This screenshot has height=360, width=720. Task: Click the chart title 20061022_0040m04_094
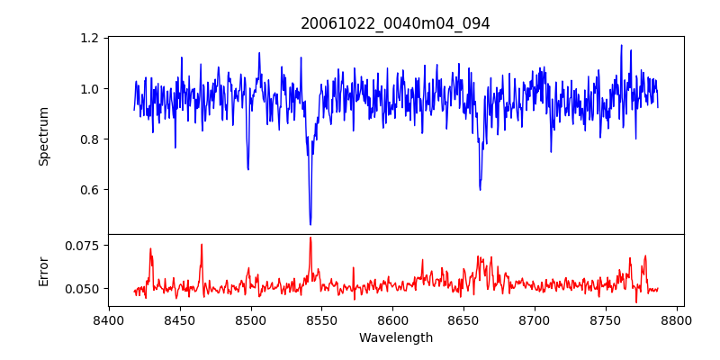[x=395, y=23]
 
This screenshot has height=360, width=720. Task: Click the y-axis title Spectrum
[x=43, y=136]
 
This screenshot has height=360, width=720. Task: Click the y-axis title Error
[x=43, y=270]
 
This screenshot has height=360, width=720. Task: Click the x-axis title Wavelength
[x=395, y=338]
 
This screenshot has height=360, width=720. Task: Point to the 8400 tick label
[x=109, y=319]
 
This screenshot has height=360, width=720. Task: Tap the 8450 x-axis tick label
[x=180, y=319]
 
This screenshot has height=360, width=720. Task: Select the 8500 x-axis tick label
[x=251, y=319]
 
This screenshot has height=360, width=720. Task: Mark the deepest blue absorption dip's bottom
[x=310, y=224]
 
